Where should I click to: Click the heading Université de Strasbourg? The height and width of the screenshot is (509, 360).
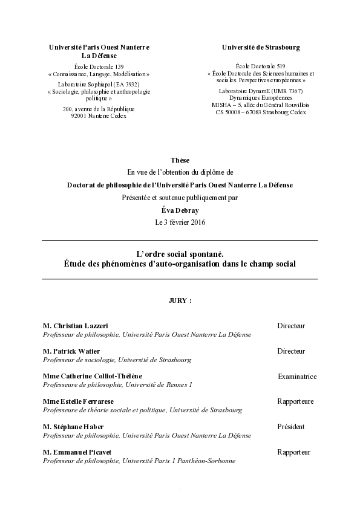(x=261, y=47)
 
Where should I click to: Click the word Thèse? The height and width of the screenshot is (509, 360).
(x=180, y=160)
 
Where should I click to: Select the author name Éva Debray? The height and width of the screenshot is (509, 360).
(x=180, y=210)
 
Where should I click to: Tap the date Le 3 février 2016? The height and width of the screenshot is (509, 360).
(x=180, y=222)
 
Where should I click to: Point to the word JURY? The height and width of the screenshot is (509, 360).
(x=178, y=300)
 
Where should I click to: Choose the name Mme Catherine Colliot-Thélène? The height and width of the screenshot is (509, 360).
(x=93, y=377)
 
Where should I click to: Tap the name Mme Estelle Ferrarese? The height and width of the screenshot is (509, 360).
(x=79, y=401)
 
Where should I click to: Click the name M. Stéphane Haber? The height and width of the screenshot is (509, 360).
(x=73, y=427)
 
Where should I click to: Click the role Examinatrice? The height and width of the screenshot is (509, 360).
(x=296, y=377)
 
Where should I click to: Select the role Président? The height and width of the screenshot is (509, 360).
(x=290, y=427)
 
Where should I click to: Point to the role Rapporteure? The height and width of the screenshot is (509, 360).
(x=295, y=401)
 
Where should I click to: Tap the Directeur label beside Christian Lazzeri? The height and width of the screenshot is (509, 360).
(x=291, y=326)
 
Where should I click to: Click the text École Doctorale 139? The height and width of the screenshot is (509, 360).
(x=99, y=66)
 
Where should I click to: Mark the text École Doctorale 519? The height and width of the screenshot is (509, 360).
(x=260, y=66)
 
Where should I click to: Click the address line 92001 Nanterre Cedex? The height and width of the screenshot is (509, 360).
(x=99, y=116)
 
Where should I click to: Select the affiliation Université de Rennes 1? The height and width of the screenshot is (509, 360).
(x=157, y=384)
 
